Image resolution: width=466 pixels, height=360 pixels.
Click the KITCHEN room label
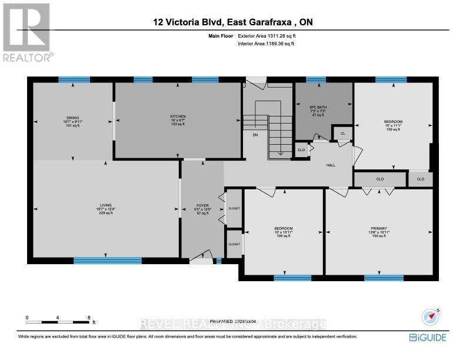[178, 116]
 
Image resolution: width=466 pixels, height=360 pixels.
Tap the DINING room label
[73, 118]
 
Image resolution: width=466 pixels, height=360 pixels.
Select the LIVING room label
[105, 205]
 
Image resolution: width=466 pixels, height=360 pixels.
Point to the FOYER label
[202, 206]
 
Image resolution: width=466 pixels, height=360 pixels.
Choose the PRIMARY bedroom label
[378, 228]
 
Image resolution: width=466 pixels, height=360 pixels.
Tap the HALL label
[331, 165]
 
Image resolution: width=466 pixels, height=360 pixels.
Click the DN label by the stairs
[255, 135]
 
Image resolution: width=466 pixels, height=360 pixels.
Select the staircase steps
[280, 135]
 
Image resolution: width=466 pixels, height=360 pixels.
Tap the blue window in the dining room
[74, 79]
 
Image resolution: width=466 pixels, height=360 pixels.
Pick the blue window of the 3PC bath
[316, 79]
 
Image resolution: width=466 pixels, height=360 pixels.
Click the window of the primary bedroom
[383, 278]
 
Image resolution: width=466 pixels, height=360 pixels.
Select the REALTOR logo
[27, 32]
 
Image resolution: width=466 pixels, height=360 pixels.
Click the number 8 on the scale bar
[89, 318]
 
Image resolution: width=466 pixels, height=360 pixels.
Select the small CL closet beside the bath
[343, 134]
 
